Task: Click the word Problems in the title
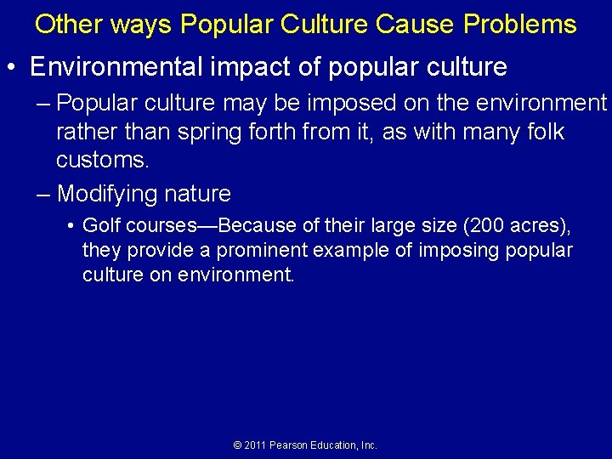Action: tap(520, 24)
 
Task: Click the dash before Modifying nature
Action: tap(44, 194)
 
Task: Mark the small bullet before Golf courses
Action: tap(71, 227)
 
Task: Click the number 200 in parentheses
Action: tap(493, 227)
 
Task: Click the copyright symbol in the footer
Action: tap(238, 445)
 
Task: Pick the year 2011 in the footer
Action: tap(255, 445)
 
